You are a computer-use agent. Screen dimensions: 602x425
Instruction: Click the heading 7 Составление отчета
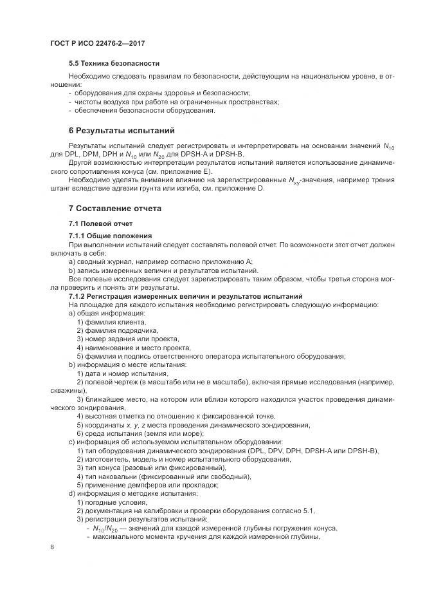[115, 209]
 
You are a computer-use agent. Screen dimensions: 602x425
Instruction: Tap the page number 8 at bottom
[52, 547]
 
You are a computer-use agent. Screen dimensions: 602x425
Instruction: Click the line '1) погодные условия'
[112, 502]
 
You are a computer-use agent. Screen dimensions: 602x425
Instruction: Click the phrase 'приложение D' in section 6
[242, 189]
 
